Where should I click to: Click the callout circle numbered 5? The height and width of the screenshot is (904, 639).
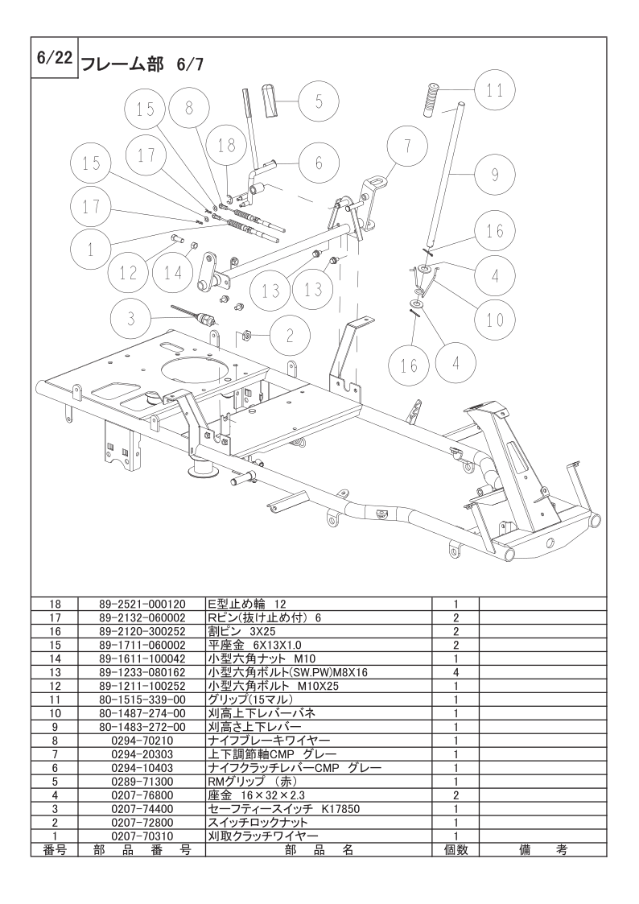[x=319, y=101]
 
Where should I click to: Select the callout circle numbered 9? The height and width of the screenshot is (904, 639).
[x=494, y=173]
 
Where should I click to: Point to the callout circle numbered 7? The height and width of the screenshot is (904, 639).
[x=407, y=147]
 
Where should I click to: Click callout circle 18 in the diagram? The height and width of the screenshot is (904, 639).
[x=227, y=145]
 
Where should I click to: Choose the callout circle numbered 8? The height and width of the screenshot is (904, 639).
[x=188, y=109]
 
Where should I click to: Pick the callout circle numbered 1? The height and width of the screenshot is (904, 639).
[x=90, y=250]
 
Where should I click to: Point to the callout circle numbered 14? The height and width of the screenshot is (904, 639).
[x=173, y=273]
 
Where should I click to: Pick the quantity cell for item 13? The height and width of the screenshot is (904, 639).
[x=456, y=671]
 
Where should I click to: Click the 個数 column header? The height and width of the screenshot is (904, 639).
[x=456, y=849]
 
